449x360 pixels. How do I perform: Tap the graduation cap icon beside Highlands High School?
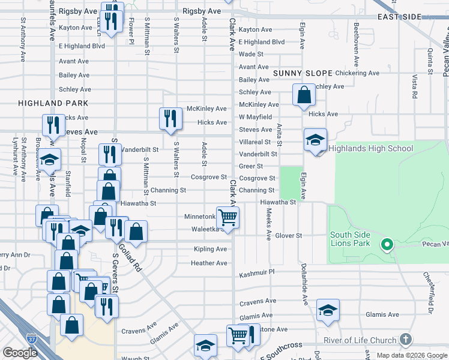315,140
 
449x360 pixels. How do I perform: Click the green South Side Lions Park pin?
387,244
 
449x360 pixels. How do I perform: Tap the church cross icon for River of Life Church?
406,340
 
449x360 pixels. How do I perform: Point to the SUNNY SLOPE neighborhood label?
303,73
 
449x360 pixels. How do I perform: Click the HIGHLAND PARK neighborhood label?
53,103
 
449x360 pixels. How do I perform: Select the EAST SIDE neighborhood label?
400,17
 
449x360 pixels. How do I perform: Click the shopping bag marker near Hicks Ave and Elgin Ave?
304,94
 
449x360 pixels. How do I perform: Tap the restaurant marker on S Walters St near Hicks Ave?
171,118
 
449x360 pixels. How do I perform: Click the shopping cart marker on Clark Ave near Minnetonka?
228,217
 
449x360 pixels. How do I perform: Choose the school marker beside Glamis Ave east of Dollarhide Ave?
327,310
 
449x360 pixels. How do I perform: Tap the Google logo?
20,353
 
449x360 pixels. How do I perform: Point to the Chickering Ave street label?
358,73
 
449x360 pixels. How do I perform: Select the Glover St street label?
289,236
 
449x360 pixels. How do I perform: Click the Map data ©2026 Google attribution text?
411,355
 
